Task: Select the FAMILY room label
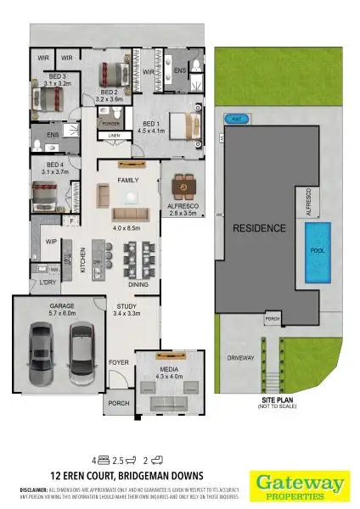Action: pyautogui.click(x=128, y=181)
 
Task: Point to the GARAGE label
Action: pyautogui.click(x=61, y=305)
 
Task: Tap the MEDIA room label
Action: pyautogui.click(x=170, y=370)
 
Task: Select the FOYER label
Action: pyautogui.click(x=118, y=362)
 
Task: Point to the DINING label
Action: pyautogui.click(x=151, y=286)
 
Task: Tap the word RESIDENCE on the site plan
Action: pyautogui.click(x=259, y=228)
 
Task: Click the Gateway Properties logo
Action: pyautogui.click(x=298, y=484)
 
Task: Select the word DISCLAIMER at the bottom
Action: pyautogui.click(x=36, y=490)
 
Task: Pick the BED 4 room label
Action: pyautogui.click(x=55, y=164)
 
